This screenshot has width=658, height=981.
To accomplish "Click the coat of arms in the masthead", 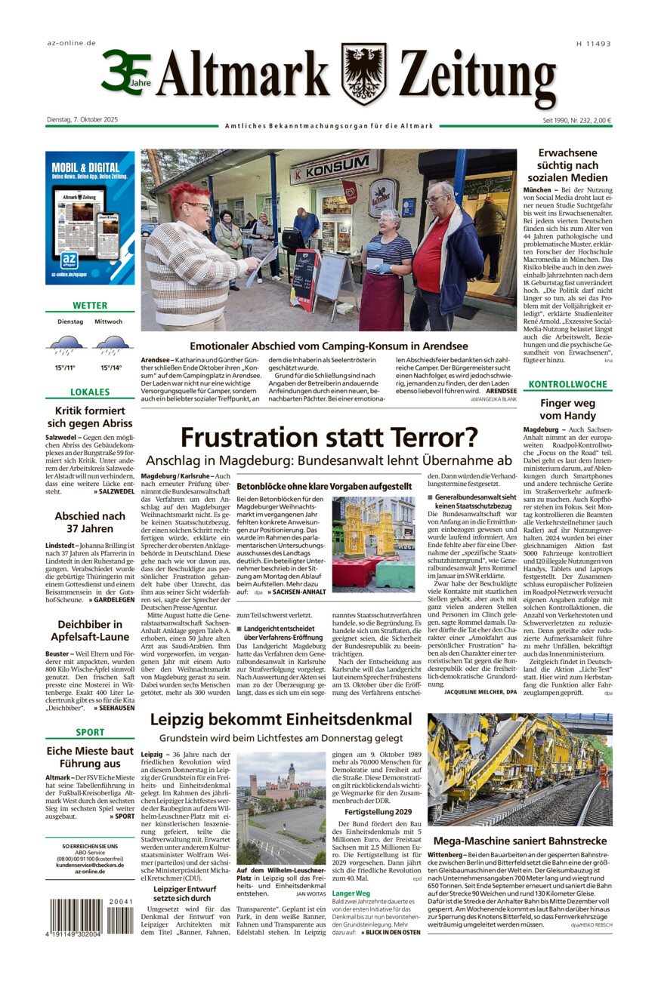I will point(363,73).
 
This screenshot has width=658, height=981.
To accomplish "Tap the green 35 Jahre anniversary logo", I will point(125,72).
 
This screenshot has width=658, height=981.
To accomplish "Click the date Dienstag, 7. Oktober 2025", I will point(82,119).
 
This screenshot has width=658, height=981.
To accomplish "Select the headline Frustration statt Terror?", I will point(329,437).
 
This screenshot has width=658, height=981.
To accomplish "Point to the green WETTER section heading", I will point(90,306).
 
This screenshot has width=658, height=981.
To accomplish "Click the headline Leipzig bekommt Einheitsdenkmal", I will point(281,719).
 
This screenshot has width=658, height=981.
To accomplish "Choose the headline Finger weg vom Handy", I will point(568,409).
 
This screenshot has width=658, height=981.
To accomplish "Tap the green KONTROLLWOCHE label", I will point(568,384).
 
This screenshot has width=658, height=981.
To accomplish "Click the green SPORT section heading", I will point(90,732).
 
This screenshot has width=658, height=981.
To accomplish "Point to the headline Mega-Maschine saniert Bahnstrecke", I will point(520,841).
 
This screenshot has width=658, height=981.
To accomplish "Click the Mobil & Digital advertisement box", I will point(90,217).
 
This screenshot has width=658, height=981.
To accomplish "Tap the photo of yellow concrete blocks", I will point(373,533).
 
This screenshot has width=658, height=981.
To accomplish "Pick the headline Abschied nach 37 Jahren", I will point(90,522).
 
